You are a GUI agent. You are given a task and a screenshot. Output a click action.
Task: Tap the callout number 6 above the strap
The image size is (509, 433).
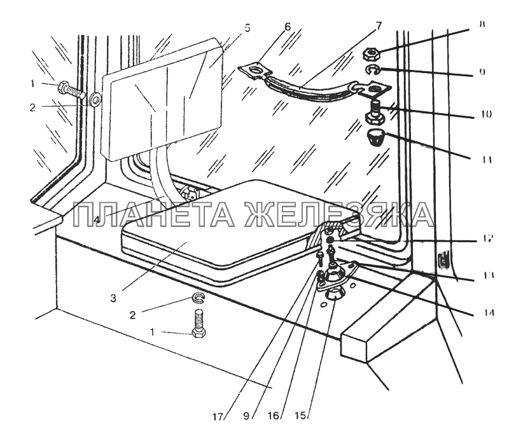[287, 27]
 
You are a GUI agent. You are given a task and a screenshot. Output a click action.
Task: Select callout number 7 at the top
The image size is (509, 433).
[378, 26]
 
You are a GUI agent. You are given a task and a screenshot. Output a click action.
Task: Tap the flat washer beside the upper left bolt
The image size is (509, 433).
[95, 99]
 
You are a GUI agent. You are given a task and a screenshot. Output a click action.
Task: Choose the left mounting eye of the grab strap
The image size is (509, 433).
[253, 69]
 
